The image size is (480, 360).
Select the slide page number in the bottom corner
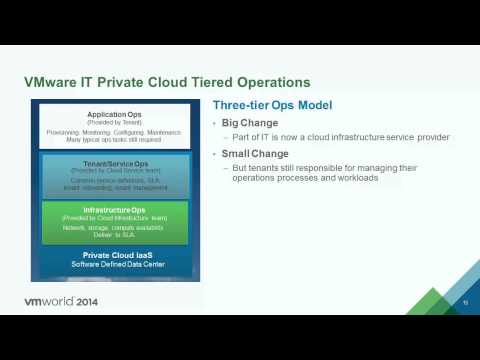(x=465, y=301)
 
